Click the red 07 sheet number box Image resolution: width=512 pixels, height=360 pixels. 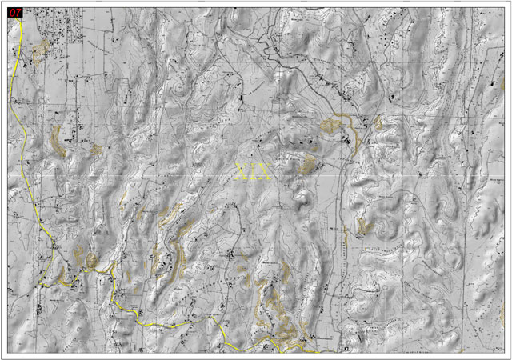(x=14, y=14)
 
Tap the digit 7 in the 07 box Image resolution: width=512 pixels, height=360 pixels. (x=18, y=14)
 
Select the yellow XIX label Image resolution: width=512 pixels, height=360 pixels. (x=255, y=171)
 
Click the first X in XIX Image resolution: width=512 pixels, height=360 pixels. (x=244, y=171)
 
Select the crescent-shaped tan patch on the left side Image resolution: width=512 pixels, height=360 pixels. (x=58, y=139)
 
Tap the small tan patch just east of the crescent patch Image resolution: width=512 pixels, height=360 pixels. (x=96, y=150)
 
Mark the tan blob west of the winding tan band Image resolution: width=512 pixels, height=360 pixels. (x=330, y=126)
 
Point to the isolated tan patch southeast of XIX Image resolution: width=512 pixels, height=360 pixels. (x=366, y=226)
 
